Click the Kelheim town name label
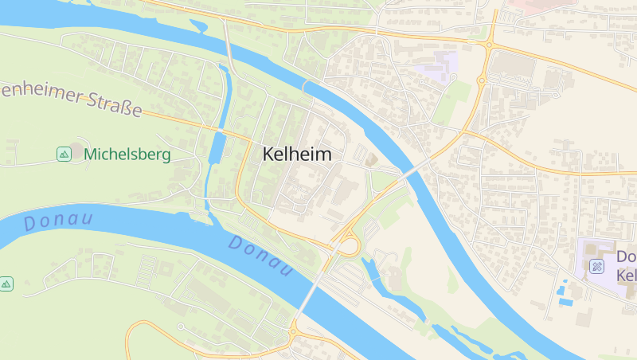coord(296,155)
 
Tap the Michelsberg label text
coord(127,154)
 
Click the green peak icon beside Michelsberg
coord(64,154)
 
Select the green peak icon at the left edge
coord(6,284)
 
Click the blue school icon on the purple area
coord(596,265)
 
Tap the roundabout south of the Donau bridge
coord(293,329)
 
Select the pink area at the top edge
coord(541,4)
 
